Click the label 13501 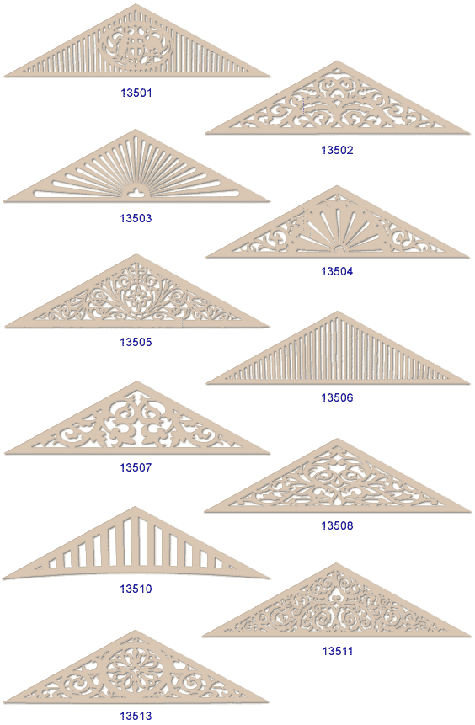tap(136, 93)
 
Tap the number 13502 tap(337, 150)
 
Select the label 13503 tap(136, 218)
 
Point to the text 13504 tap(337, 271)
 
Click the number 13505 tap(136, 342)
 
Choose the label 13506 tap(337, 397)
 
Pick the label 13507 tap(136, 467)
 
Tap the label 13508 tap(337, 525)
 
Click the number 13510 tap(136, 589)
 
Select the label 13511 tap(338, 652)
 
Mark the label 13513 tap(136, 717)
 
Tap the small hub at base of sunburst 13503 tap(135, 192)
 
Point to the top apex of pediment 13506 tap(337, 312)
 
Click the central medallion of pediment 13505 tap(136, 296)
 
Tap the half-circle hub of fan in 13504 tap(339, 249)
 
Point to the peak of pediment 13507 tap(136, 383)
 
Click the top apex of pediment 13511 tap(336, 564)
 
